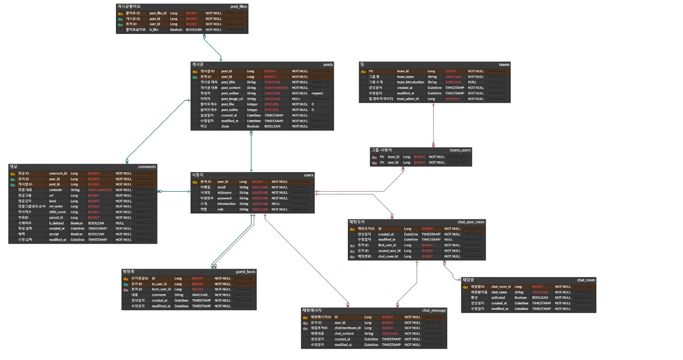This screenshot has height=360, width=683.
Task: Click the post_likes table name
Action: [x=238, y=6]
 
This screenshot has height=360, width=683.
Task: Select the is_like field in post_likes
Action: [x=154, y=30]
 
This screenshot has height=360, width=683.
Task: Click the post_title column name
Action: [x=228, y=82]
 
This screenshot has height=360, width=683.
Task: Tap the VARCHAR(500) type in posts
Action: [x=276, y=88]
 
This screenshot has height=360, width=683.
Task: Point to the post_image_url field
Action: [x=232, y=99]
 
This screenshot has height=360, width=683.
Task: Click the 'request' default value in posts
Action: [x=317, y=94]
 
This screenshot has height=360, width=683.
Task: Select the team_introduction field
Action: [x=410, y=82]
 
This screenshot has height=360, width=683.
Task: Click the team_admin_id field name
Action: [x=408, y=99]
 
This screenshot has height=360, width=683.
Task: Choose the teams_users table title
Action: [x=460, y=150]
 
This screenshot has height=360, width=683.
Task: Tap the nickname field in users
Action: [x=224, y=193]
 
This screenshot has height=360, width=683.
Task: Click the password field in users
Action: [x=224, y=198]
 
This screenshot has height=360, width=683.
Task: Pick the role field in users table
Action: [x=220, y=210]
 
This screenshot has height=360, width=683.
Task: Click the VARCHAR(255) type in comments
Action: [x=100, y=190]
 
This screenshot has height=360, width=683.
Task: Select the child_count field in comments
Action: [x=57, y=212]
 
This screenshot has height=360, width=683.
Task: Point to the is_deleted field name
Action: [x=56, y=223]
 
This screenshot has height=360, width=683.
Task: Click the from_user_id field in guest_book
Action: [x=161, y=289]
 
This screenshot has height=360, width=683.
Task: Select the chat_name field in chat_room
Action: [x=499, y=292]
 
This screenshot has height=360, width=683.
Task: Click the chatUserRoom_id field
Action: [x=347, y=328]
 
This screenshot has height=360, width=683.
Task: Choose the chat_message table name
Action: [x=434, y=310]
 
